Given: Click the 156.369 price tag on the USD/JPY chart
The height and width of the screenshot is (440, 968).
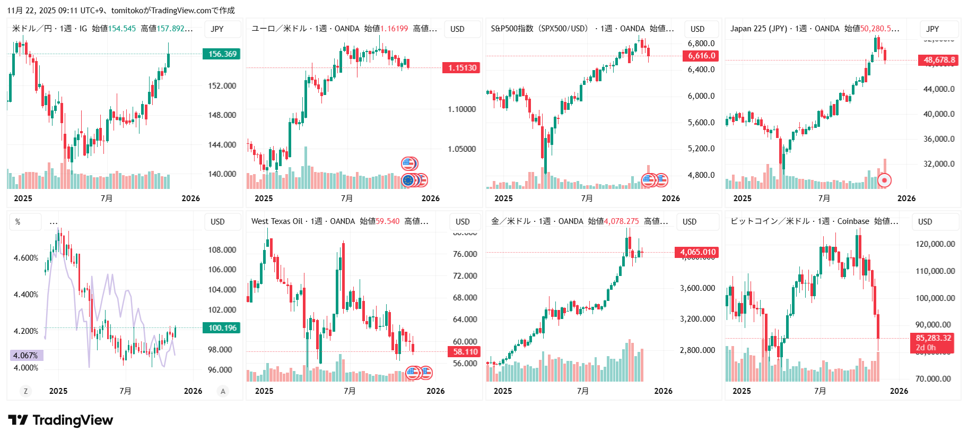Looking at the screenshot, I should coord(221,54).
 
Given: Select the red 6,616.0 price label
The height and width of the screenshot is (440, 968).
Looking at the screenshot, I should coord(701,56).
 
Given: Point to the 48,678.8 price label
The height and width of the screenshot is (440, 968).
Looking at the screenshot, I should coord(938,60).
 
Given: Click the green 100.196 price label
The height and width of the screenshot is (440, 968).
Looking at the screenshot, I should coord(221,328).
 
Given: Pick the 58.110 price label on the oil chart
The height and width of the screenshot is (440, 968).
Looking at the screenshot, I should coord(465,352).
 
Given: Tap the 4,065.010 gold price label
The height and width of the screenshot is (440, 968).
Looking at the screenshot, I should coord(697,252).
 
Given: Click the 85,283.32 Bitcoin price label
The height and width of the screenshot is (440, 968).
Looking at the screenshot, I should coord(932,338).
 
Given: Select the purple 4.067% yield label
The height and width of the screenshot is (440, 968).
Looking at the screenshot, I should coord(26,356).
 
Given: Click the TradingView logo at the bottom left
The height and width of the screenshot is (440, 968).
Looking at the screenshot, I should coord(60,420).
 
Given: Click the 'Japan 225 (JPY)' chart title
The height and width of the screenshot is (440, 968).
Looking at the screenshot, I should coord(758,29).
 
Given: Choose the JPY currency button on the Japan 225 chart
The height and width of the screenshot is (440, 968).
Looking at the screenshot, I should coord(932,29).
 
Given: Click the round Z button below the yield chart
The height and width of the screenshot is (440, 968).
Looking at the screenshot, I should coord(25,391).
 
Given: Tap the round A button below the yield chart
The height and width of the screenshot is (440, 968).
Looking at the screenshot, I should coord(223,391).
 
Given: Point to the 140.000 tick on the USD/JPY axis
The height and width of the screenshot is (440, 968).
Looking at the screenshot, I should coord(222,174).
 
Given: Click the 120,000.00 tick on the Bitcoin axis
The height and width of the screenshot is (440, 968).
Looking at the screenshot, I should coord(935,244).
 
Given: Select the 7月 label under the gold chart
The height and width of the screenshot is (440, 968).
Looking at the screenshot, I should coord(582,391).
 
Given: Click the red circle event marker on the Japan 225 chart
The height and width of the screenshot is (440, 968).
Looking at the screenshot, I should coord(884,180).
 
